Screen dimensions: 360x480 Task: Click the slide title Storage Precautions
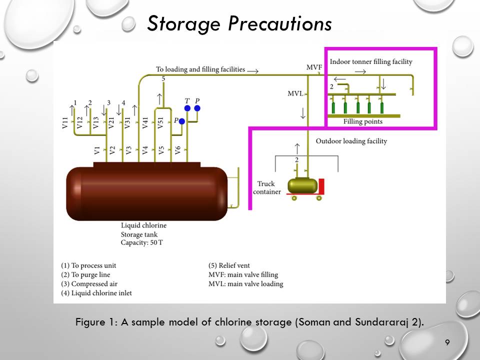(x=239, y=23)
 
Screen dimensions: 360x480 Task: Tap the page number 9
(x=447, y=342)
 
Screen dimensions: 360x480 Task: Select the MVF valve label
(x=314, y=67)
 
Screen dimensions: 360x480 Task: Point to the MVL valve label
(x=295, y=93)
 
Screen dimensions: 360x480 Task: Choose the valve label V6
(x=177, y=149)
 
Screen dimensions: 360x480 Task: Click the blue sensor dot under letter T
(x=187, y=108)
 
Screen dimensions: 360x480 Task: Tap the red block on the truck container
(x=321, y=186)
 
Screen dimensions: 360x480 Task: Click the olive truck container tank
(x=302, y=185)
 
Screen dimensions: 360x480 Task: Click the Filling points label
(x=362, y=121)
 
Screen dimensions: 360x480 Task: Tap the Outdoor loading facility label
(x=351, y=141)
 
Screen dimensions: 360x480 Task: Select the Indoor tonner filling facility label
(x=371, y=61)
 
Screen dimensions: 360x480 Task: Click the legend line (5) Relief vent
(x=229, y=265)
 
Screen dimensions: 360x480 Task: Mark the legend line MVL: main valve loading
(x=245, y=283)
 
